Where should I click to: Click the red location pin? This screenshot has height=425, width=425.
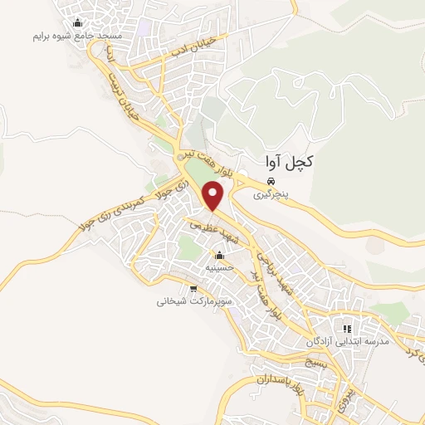tap(214, 196)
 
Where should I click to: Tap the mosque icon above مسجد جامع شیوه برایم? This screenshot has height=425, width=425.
tap(78, 22)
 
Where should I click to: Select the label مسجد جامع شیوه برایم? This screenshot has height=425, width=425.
tap(78, 37)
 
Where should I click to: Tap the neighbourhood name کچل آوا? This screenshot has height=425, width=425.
tap(285, 163)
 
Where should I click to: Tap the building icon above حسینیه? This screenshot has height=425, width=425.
tap(219, 255)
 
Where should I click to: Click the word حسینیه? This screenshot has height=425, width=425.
tap(219, 268)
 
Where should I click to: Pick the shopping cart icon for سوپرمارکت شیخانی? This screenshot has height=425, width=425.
tap(193, 289)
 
